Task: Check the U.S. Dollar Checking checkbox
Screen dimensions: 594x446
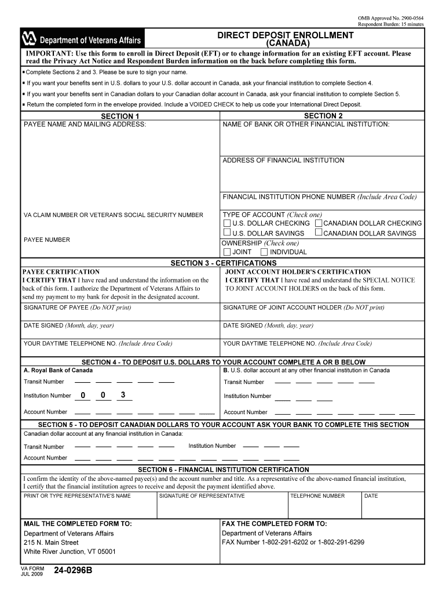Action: tap(227, 223)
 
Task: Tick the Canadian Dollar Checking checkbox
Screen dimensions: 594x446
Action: tap(319, 223)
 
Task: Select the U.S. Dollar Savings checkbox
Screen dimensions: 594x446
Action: tap(227, 233)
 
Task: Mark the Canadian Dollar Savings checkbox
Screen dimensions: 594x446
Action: tap(319, 233)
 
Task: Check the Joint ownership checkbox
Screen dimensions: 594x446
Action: tap(227, 252)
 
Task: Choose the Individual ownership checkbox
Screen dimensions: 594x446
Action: tap(264, 252)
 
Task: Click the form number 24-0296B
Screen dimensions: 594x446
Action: tap(72, 571)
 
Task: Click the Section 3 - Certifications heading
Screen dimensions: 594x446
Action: tap(224, 263)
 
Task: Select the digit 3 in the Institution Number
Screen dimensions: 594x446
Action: tap(122, 396)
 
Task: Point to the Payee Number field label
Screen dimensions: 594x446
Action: tap(47, 240)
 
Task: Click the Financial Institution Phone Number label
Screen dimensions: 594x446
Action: tap(319, 197)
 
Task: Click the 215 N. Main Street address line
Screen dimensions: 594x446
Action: tap(51, 542)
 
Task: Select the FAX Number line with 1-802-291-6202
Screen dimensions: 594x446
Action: tap(293, 542)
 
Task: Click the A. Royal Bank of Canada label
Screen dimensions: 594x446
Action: tap(58, 370)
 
